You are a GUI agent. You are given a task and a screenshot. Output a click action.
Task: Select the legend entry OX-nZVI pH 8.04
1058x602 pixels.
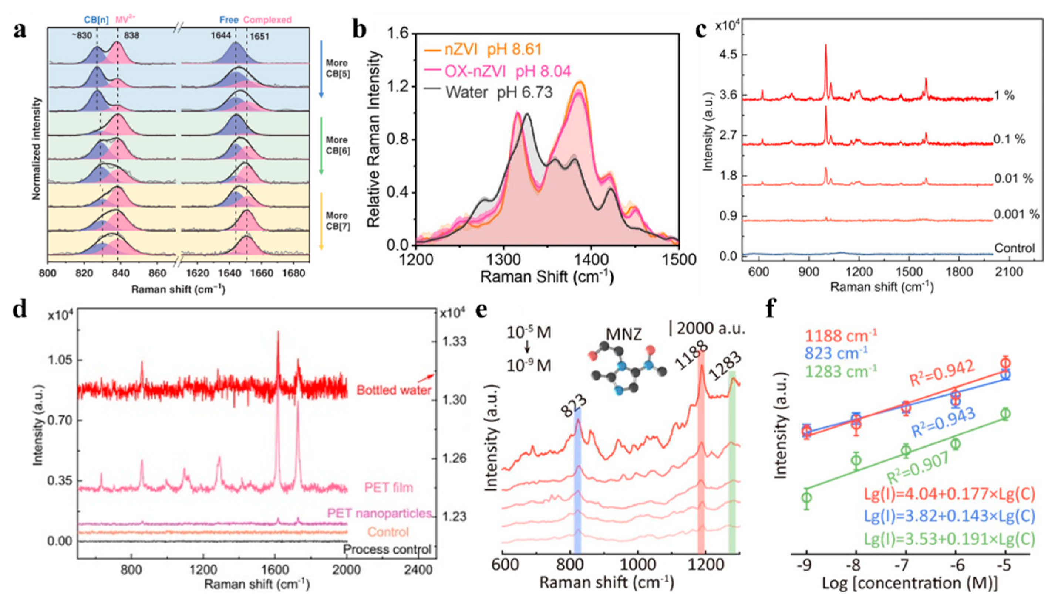(507, 72)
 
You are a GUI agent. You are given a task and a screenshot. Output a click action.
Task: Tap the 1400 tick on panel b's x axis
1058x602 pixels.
(591, 260)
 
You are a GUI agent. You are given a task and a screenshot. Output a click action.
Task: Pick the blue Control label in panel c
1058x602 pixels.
(1014, 248)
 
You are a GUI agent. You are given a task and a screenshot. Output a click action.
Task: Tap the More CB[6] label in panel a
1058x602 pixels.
(337, 145)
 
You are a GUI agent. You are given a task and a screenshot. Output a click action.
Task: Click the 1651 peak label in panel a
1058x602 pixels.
(259, 36)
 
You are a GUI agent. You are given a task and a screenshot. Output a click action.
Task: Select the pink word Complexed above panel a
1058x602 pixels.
(267, 20)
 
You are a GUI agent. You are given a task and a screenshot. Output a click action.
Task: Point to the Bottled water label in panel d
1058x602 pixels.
(394, 390)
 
